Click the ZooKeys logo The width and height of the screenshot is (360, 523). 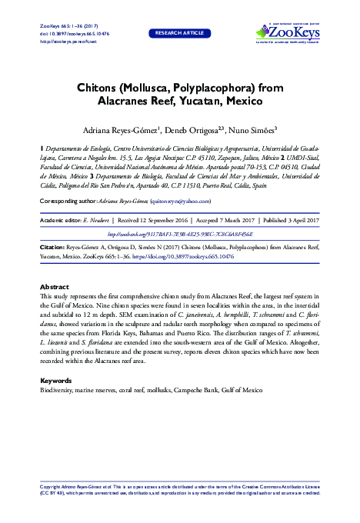pyautogui.click(x=288, y=33)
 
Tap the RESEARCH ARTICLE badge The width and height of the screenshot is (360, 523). pyautogui.click(x=179, y=34)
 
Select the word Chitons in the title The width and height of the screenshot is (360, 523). pyautogui.click(x=99, y=88)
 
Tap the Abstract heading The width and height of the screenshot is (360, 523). pyautogui.click(x=54, y=286)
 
